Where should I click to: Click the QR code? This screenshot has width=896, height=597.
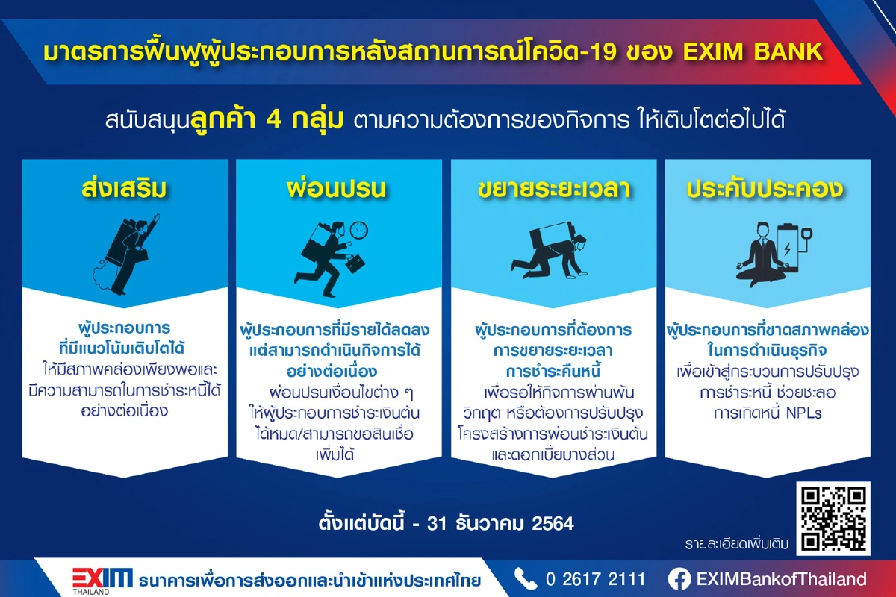click(x=833, y=518)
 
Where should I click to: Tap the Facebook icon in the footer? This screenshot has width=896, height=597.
click(x=679, y=579)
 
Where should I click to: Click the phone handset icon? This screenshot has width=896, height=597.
click(x=526, y=579)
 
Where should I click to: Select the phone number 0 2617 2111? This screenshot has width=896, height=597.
click(x=596, y=579)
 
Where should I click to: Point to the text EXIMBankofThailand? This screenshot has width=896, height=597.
click(x=781, y=579)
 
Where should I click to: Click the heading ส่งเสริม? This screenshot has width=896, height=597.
click(x=125, y=189)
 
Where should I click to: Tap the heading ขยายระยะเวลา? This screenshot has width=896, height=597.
click(x=553, y=189)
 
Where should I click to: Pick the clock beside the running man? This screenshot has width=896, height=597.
click(x=358, y=230)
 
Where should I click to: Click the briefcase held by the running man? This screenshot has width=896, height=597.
click(x=355, y=263)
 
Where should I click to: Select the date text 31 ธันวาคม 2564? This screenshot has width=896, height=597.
click(x=500, y=523)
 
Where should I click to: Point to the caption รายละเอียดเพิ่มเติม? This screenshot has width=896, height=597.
click(x=736, y=543)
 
